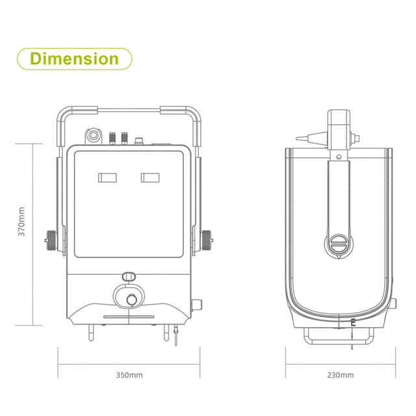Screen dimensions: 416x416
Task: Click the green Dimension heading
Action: point(74,59)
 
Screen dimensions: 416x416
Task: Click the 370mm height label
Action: point(21,222)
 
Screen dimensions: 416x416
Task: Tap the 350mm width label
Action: point(129,375)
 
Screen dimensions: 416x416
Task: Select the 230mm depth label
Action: point(341,375)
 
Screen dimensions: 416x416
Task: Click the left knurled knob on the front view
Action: point(51,240)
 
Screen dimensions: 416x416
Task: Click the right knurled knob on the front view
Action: point(207,240)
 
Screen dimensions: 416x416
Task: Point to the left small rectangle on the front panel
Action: point(107,177)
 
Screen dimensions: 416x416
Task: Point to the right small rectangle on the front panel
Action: point(150,177)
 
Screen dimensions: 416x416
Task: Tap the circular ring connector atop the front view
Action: point(93,135)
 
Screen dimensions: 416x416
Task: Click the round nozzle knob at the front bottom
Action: point(131,300)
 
